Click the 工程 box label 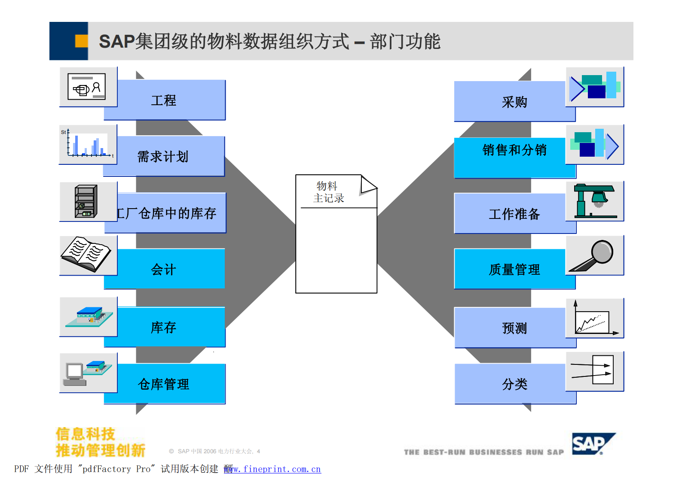click(x=164, y=100)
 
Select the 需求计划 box click(x=163, y=156)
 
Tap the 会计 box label click(x=164, y=270)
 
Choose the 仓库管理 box click(x=164, y=384)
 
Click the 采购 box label click(x=514, y=102)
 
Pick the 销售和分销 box click(x=514, y=150)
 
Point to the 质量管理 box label click(x=514, y=270)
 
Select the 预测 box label click(x=514, y=328)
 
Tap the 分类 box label click(x=514, y=384)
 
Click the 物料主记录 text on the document click(x=328, y=192)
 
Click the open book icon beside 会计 click(x=87, y=254)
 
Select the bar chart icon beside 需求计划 click(x=88, y=145)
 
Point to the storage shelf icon click(x=86, y=201)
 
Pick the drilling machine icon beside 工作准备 click(x=594, y=201)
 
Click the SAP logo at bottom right click(x=593, y=444)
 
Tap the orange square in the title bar click(x=81, y=41)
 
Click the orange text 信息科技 click(x=86, y=434)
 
